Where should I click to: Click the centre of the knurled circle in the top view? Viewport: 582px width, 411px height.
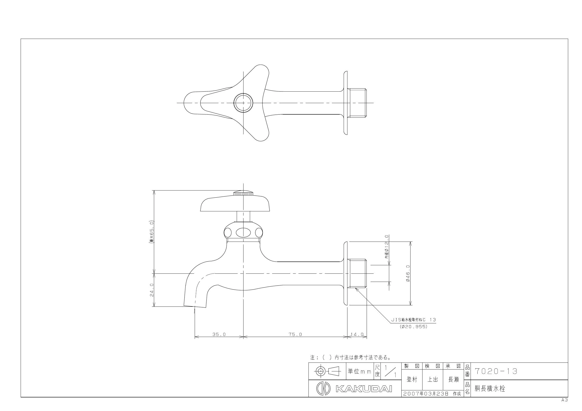coord(243,103)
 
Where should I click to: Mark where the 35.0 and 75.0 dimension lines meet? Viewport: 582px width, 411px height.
coord(243,337)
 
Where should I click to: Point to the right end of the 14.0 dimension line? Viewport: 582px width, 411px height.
coord(367,337)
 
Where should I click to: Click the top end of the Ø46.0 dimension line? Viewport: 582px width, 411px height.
coord(410,242)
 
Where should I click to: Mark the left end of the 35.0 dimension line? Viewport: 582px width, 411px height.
coord(195,337)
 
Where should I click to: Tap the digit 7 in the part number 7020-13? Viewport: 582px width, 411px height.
coord(477,371)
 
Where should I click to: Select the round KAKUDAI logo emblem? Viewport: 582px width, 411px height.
coord(323,388)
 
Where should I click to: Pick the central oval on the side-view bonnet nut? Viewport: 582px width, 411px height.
coord(243,232)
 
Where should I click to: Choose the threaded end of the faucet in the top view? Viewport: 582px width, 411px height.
coord(357,103)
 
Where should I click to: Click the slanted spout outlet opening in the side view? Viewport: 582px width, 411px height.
coord(194,306)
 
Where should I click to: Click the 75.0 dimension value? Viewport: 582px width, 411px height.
coord(295,334)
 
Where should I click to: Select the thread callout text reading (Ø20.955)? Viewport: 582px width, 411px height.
coord(414,327)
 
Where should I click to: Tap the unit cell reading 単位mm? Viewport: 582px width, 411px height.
coord(359,371)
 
